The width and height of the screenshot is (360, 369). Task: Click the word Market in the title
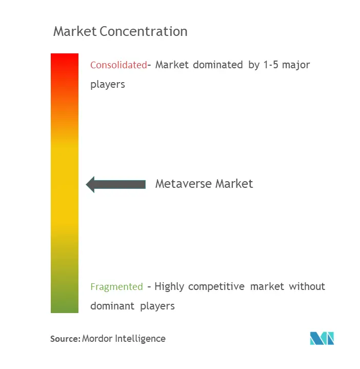[75, 31]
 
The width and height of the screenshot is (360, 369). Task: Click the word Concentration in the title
[144, 31]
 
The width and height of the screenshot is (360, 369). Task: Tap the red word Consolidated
[119, 65]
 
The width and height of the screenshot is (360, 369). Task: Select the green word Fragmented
[116, 287]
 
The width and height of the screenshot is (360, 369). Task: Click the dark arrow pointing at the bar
[116, 185]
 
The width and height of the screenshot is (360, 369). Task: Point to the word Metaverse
[184, 184]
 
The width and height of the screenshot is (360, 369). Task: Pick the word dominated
[218, 65]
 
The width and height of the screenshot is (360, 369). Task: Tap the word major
[296, 65]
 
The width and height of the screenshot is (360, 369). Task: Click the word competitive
[216, 287]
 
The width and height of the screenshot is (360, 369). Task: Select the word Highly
[169, 287]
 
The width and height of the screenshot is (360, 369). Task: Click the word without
[307, 287]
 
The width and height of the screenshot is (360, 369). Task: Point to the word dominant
[112, 306]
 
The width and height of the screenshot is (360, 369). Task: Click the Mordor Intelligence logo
[322, 338]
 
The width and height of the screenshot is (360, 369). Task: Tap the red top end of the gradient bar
[65, 54]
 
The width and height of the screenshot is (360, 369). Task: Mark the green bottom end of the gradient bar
[65, 312]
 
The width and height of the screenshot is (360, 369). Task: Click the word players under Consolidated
[108, 85]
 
